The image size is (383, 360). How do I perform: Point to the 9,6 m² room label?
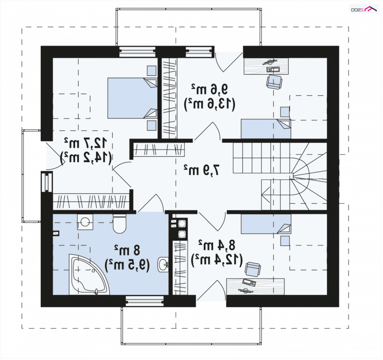[209, 89]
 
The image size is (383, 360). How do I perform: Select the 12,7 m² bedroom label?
[86, 143]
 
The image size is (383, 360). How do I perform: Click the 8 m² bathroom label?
[127, 250]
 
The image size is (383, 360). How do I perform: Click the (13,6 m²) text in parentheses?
[209, 105]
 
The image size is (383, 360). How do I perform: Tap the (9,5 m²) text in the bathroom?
[127, 265]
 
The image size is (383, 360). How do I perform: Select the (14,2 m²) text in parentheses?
[86, 158]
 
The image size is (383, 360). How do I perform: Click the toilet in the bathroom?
[119, 223]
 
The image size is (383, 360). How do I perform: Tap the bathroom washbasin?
[163, 265]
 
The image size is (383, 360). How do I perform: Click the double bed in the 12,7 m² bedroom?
[133, 98]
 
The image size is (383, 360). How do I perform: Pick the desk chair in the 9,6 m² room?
[274, 81]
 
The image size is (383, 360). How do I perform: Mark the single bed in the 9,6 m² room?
[266, 128]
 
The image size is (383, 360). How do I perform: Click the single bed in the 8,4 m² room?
[266, 224]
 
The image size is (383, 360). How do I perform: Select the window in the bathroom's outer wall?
[145, 301]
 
